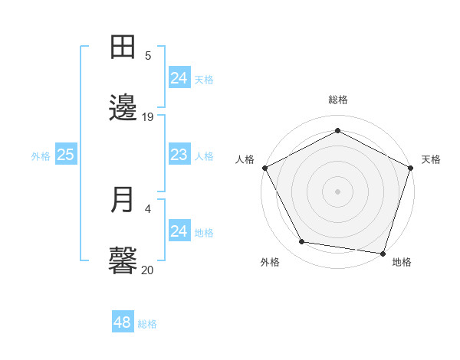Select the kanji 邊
pos(123,108)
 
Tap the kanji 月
pos(123,199)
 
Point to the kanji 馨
pos(123,260)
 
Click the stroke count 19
pos(148,116)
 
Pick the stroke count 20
pos(148,269)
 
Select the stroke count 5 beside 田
pos(148,55)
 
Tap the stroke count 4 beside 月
pos(148,208)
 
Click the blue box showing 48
pos(123,322)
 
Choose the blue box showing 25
pos(66,155)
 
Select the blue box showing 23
pos(179,155)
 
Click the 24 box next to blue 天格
pos(179,78)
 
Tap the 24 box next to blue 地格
pos(179,231)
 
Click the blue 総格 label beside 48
pos(147,324)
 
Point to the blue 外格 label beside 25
pos(41,156)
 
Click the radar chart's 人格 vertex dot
pos(264,167)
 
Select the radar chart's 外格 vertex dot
pos(302,242)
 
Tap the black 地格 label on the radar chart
pos(402,263)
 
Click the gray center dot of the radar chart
pos(337,191)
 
